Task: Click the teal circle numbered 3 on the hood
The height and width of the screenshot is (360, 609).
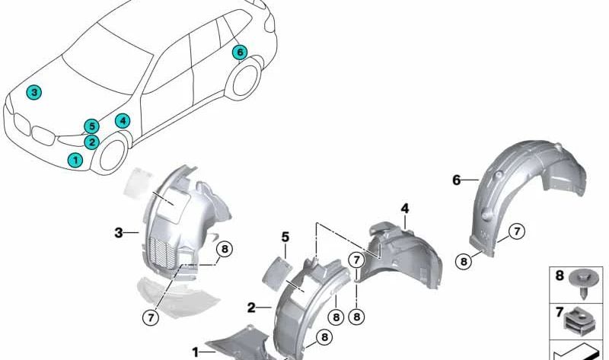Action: coord(33,92)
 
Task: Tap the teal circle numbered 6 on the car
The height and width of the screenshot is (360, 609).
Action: coord(240,52)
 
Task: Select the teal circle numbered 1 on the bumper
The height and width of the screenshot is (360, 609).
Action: coord(75,160)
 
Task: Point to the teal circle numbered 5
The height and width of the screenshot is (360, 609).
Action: coord(91,126)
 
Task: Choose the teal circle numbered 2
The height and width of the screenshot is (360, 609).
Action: coord(91,141)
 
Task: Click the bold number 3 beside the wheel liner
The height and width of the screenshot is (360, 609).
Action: coord(119,233)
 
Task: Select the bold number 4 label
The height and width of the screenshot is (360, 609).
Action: coord(405,208)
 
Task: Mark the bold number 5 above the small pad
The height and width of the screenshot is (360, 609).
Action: coord(285,237)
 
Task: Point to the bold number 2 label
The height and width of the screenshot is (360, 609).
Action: coord(251,308)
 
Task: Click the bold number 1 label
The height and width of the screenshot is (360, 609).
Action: coord(196,352)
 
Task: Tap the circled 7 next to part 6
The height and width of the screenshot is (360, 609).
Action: coord(515,231)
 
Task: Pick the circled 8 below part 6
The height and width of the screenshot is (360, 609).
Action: coord(463,261)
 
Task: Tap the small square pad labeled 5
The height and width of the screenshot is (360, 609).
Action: coord(277,266)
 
